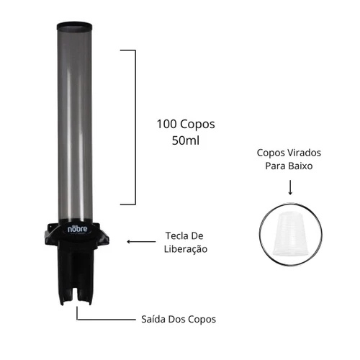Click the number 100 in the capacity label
tap(167, 125)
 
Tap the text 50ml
tap(186, 140)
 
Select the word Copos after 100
tap(197, 125)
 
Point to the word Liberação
tap(186, 249)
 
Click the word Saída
tap(153, 319)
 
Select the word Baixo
tap(302, 166)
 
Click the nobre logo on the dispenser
tap(77, 229)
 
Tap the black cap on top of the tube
tap(74, 26)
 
